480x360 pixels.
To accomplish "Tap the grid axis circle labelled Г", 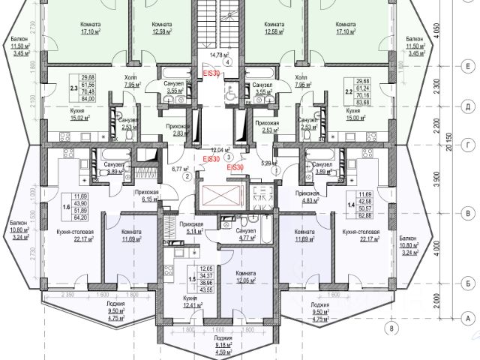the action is (467, 142).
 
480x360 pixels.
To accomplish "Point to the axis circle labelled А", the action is (467, 319).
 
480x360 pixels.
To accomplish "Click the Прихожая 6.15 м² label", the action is (147, 196).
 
